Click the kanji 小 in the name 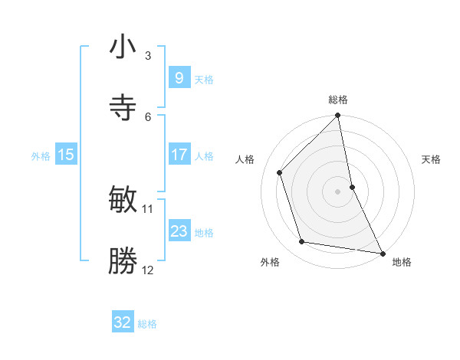point(123,47)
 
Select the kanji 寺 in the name point(123,106)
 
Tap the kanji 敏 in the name point(123,200)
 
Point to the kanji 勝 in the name point(123,260)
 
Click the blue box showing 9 point(179,77)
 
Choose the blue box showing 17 point(179,155)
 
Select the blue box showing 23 point(179,231)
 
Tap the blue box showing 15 point(65,155)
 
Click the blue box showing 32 point(123,322)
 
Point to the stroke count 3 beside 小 point(148,56)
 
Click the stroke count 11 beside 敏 point(148,208)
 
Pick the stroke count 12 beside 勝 point(148,270)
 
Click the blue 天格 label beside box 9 point(204,79)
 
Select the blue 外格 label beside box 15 point(41,156)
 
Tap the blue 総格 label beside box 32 point(147,324)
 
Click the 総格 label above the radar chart point(338,100)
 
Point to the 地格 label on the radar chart point(402,263)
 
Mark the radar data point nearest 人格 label point(280,172)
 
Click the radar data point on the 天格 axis point(352,187)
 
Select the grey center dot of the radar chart point(338,191)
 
